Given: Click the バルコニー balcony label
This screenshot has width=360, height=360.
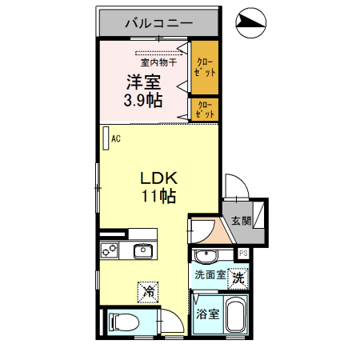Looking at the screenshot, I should click(158, 23).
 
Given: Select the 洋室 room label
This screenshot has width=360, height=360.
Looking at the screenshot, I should click(143, 82).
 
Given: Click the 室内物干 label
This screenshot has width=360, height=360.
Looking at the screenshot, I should click(158, 61).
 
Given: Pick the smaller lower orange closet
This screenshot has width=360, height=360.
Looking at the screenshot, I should click(204, 109).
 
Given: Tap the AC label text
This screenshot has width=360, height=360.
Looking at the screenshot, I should click(116, 139).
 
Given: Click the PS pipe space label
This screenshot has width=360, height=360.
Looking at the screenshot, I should click(244, 254).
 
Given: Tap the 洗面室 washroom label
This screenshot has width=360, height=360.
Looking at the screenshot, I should click(210, 275).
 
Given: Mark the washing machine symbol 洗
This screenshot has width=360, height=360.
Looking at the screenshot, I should click(238, 278).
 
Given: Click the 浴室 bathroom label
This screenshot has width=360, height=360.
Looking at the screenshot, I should click(208, 314).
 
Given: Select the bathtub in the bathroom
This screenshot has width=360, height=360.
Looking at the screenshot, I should click(236, 315).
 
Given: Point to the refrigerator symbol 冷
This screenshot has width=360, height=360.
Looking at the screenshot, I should click(148, 292).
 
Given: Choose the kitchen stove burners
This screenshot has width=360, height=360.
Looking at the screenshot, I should click(110, 251).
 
